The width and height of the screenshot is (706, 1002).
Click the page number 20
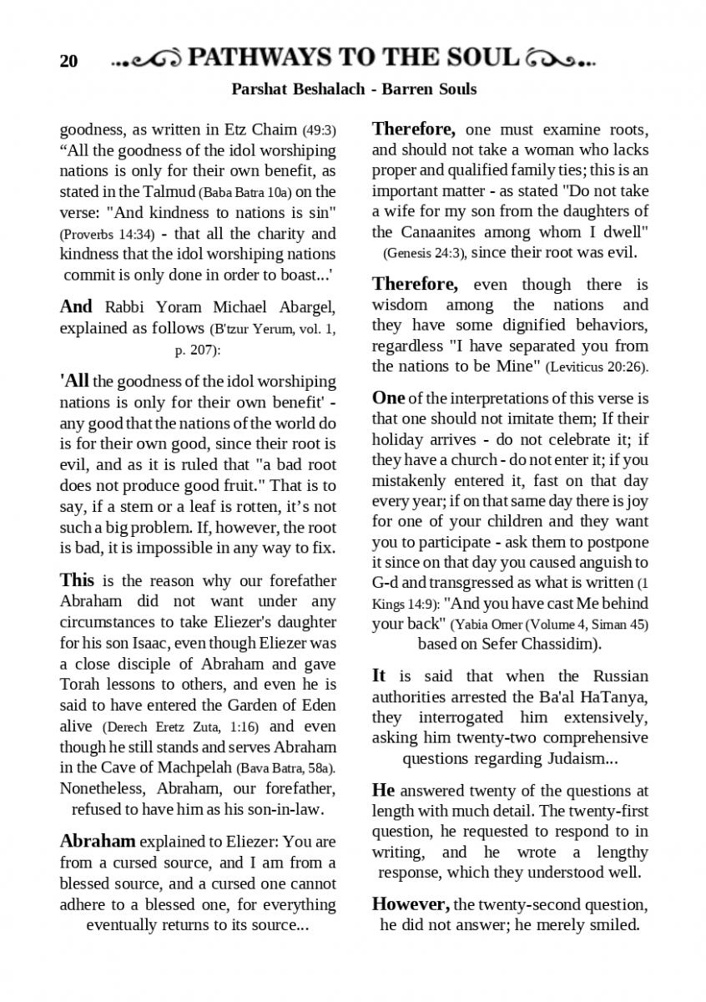tap(68, 61)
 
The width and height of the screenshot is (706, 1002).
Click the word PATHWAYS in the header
tap(260, 58)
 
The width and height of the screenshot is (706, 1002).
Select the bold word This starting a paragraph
tap(77, 580)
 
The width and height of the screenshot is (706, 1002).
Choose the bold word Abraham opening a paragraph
tap(98, 841)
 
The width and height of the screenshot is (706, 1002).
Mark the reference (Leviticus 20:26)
tap(597, 367)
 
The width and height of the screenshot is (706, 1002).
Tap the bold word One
tap(388, 397)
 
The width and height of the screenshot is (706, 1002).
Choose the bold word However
tap(411, 904)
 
